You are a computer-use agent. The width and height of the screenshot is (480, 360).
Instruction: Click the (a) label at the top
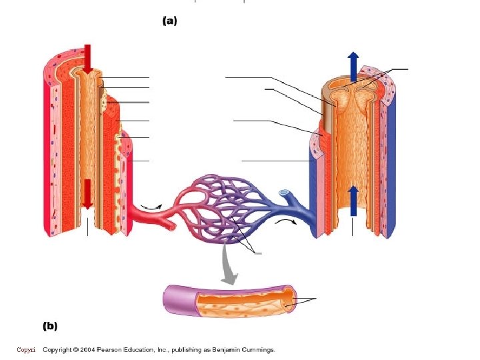170,21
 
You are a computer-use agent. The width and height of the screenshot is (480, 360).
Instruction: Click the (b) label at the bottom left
50,326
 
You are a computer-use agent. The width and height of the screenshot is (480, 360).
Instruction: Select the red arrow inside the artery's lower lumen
87,193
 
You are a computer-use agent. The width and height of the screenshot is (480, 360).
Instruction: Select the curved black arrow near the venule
287,220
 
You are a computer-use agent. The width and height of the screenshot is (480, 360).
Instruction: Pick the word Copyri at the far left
26,350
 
